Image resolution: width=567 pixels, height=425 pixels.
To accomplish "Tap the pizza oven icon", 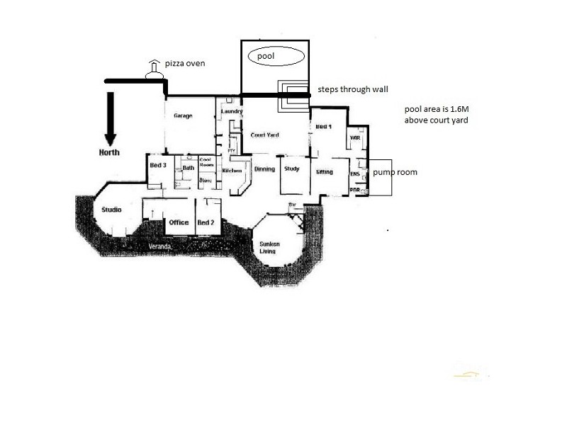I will (x=153, y=68).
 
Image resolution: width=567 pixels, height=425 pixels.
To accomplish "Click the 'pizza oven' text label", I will (x=186, y=64).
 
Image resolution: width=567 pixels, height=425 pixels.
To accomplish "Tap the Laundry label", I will (x=232, y=111).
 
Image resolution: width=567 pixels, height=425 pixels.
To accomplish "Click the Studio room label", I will (x=111, y=210).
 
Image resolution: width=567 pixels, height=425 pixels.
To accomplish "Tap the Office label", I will (x=179, y=222).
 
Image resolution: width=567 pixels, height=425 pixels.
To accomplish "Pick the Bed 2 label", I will (x=206, y=222).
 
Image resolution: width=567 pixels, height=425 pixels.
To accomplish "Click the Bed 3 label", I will (x=157, y=165).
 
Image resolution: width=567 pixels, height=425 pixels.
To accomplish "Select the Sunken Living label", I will (x=269, y=247).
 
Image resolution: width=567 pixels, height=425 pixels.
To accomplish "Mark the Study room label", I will (x=291, y=169).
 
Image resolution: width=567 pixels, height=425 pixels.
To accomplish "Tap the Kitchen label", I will (x=232, y=171).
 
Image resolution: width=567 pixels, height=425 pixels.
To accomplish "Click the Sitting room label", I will (x=325, y=171).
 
